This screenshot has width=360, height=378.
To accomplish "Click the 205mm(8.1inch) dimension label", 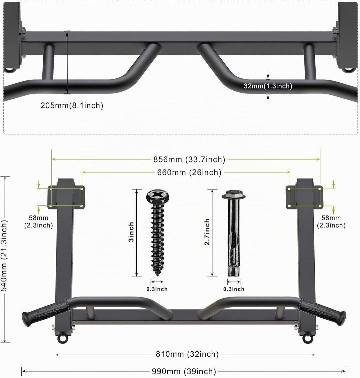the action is click(72, 105).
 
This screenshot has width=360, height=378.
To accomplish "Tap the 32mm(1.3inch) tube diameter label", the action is click(268, 86).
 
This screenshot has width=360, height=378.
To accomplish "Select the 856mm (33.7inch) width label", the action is click(189, 159).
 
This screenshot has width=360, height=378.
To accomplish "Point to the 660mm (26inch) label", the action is click(189, 172).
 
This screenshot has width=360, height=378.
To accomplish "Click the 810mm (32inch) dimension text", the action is click(187, 354).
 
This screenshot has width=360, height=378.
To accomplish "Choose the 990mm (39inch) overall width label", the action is click(184, 371).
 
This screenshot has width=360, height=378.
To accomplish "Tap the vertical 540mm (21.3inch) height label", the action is click(5, 256).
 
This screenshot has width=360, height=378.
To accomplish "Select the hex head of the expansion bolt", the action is click(234, 194).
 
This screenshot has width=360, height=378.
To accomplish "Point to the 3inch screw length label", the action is click(131, 232).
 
